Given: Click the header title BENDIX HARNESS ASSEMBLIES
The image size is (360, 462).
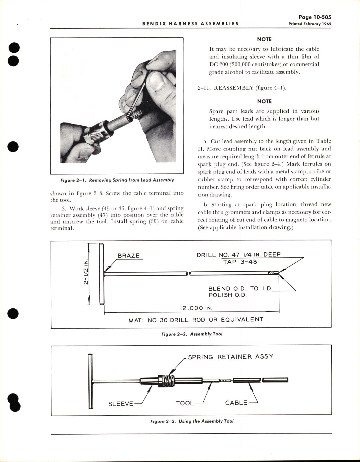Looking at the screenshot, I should tap(190, 24).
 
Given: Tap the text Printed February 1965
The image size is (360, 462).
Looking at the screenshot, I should tap(309, 24).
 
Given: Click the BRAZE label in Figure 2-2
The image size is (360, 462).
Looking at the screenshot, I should tap(128, 256).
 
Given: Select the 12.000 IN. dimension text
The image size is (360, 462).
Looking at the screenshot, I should tap(196, 308).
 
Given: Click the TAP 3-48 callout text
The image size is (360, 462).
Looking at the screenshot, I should tap(240, 262).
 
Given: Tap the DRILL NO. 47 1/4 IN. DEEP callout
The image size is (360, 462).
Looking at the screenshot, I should tap(239, 255).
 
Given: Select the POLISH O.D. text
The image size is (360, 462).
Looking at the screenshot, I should tap(227, 295).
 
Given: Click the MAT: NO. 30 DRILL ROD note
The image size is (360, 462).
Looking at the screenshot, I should tap(196, 320).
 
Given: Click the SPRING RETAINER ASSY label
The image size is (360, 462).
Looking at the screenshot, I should tap(231, 357).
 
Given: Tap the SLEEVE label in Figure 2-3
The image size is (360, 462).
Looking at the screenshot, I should tap(121, 404).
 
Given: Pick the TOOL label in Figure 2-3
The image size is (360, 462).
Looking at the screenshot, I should tap(185, 403).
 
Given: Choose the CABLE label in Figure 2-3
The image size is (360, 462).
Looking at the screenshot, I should tap(236, 403).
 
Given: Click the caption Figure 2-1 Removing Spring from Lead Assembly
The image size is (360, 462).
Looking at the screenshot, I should tap(117, 180).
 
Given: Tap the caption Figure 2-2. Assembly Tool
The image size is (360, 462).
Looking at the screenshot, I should tap(192, 334).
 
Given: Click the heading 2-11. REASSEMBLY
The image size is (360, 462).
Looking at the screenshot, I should tap(242, 88).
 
